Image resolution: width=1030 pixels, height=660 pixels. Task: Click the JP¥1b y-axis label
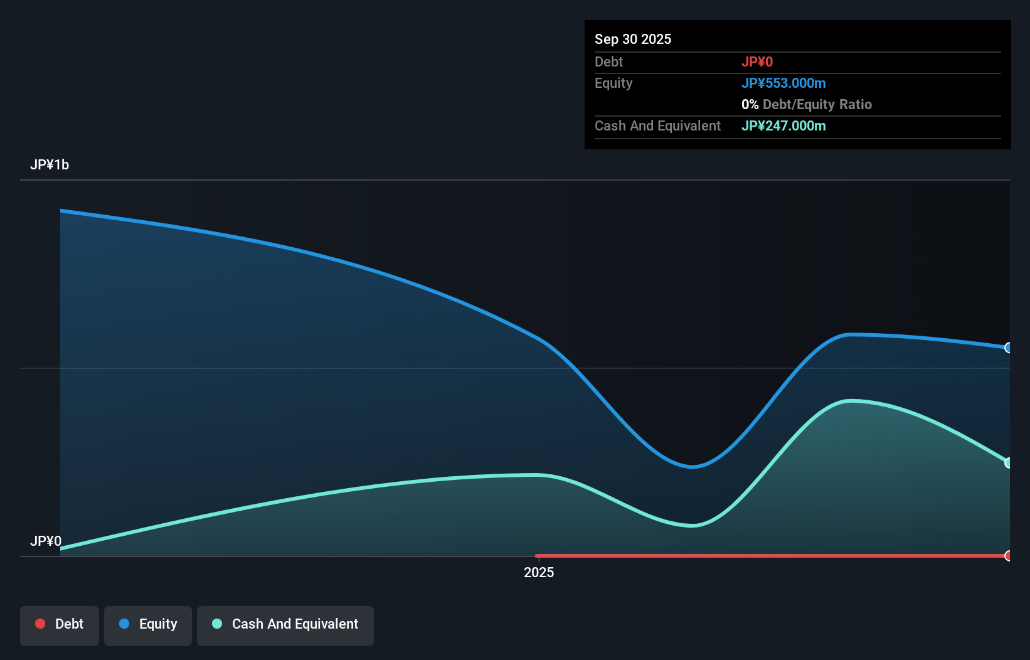[50, 165]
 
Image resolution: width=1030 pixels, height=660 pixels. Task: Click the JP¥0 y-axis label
[46, 541]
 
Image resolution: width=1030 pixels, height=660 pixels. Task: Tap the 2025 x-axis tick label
[539, 572]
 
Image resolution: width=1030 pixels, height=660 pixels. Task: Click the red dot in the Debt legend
[40, 624]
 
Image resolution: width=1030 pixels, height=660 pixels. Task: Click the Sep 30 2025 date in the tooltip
[633, 39]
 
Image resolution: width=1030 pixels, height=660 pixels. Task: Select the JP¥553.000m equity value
[783, 83]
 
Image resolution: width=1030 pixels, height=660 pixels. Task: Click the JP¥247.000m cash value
[783, 125]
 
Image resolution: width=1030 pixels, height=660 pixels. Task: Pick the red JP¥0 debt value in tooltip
[757, 61]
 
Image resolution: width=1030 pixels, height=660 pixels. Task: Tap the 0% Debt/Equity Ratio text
[807, 104]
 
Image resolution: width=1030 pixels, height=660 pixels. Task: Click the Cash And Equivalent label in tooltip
[657, 125]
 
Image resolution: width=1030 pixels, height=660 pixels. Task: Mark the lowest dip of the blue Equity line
[692, 466]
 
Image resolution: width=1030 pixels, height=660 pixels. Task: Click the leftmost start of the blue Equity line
[61, 211]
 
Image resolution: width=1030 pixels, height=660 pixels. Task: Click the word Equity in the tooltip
[613, 83]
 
